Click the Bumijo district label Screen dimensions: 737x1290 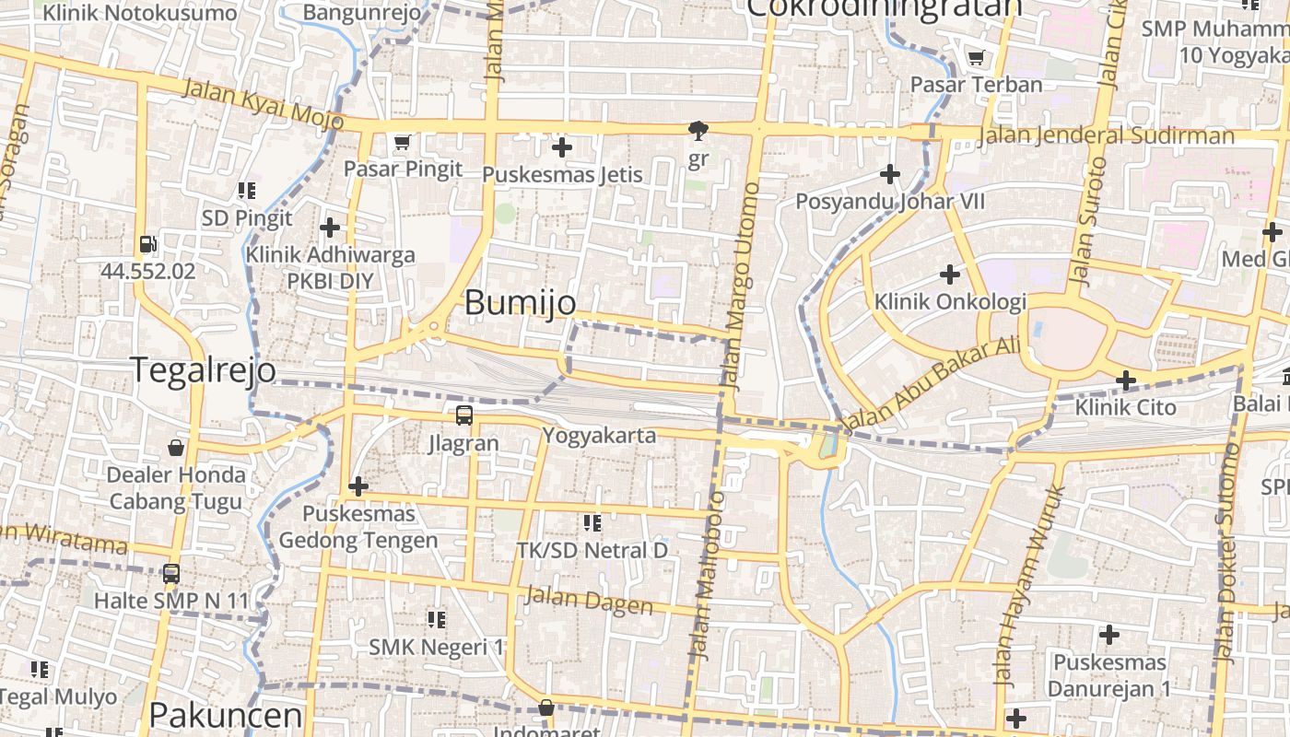pos(521,302)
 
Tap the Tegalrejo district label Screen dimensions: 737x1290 pos(203,369)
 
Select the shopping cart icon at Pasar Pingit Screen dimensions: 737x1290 pos(402,143)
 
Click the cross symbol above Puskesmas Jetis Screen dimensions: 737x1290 pos(562,147)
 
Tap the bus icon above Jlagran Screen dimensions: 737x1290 pos(463,415)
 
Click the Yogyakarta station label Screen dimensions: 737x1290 pos(599,435)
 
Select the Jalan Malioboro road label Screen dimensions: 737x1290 pos(708,576)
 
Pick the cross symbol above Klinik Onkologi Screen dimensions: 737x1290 pos(949,275)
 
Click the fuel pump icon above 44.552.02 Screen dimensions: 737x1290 pos(147,245)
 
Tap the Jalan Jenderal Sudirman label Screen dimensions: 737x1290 pos(1106,135)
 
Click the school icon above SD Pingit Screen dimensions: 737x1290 pos(246,192)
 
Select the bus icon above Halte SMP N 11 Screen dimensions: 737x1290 pos(170,574)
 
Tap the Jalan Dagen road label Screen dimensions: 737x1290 pos(589,601)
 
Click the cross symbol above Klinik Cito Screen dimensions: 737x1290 pos(1125,380)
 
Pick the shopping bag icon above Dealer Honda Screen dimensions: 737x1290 pos(176,449)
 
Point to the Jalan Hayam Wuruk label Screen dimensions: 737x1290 pos(1028,586)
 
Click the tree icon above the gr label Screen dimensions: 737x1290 pos(698,132)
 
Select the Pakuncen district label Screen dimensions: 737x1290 pos(225,715)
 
